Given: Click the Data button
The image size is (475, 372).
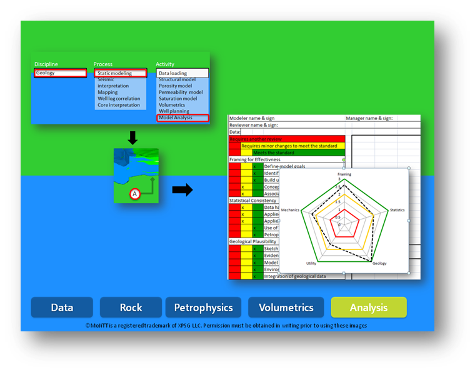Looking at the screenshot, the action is [62, 307].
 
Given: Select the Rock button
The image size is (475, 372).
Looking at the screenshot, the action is [131, 307].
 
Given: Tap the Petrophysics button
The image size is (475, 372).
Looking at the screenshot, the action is [203, 307].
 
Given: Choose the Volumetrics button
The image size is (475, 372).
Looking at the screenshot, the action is [286, 307].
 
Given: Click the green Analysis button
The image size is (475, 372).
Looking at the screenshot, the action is [369, 307].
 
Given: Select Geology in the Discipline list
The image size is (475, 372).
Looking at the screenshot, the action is [60, 73].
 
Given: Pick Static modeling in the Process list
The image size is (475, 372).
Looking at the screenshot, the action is [120, 73].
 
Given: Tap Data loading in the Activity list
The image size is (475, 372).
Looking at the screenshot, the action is [182, 73].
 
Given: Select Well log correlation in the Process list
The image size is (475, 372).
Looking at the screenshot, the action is [119, 99].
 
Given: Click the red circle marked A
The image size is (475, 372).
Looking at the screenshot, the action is [134, 194].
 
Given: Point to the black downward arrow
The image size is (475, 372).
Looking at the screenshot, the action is [132, 137].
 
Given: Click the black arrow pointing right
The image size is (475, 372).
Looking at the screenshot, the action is [182, 189].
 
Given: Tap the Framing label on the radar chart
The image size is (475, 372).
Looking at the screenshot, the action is [344, 174].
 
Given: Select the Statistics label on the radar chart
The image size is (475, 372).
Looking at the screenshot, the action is [397, 209].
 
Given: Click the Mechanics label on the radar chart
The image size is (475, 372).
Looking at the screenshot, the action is [290, 209].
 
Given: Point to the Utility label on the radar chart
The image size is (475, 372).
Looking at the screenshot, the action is [311, 263].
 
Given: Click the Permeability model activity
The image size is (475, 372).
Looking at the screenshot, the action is [181, 93].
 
